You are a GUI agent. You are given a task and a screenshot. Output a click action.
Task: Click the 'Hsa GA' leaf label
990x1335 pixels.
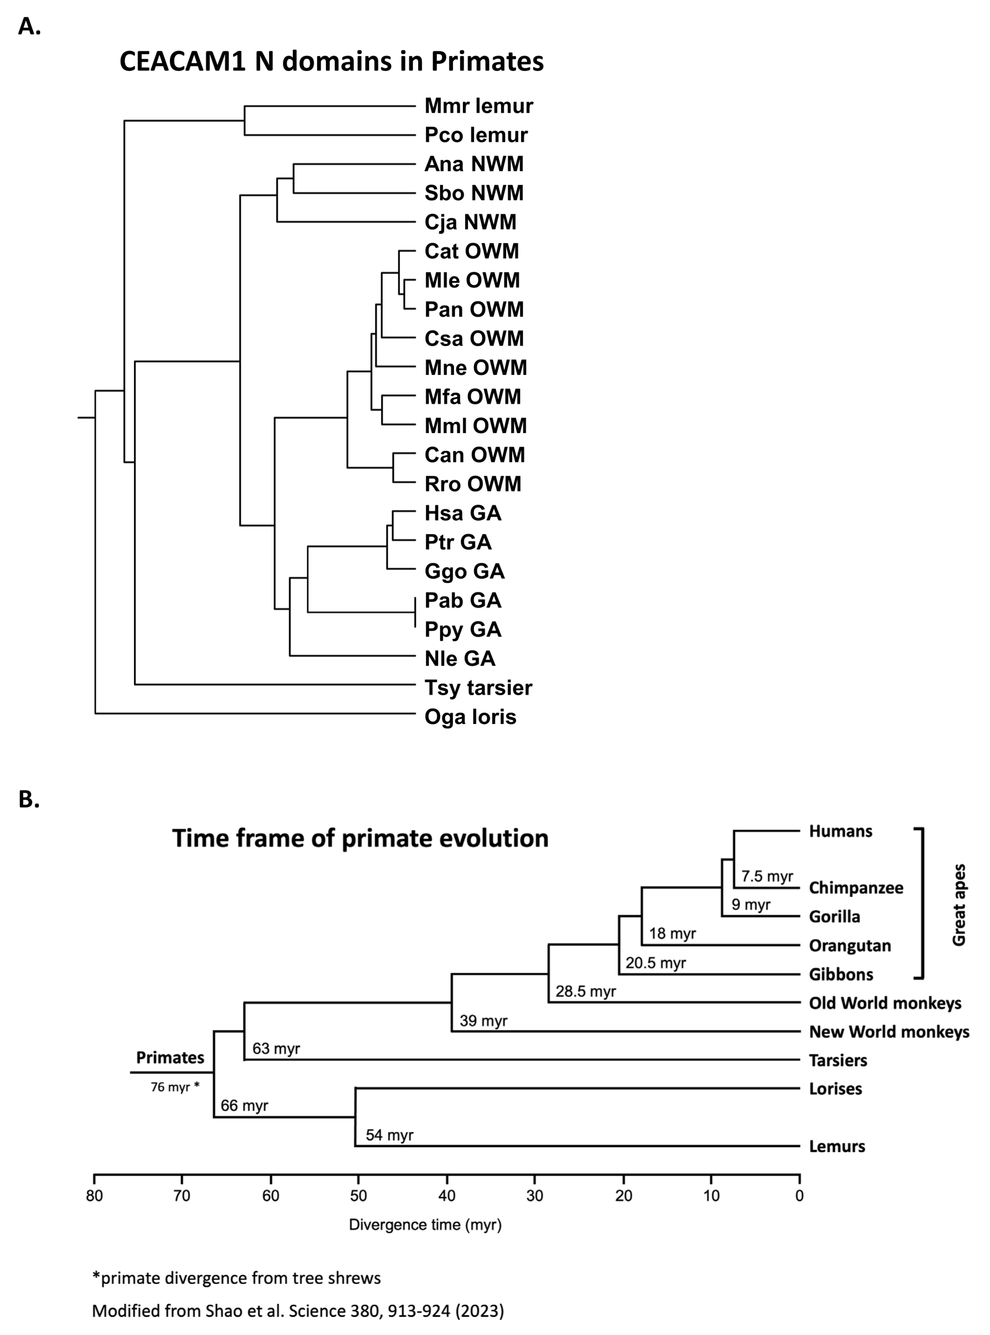tap(463, 513)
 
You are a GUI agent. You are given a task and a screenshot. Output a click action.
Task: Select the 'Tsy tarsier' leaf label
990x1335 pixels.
tap(478, 687)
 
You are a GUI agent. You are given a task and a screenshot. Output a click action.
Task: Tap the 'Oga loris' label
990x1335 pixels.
tap(470, 717)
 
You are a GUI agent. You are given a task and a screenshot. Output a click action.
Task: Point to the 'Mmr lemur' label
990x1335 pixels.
tap(478, 106)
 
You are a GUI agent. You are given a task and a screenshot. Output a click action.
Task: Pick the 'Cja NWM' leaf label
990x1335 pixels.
tap(470, 222)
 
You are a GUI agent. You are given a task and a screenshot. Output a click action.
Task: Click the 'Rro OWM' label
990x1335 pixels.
tap(473, 484)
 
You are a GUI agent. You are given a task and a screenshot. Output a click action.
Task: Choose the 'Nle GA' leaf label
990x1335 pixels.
tap(459, 659)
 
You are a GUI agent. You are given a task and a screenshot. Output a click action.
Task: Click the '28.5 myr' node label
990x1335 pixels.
tap(585, 991)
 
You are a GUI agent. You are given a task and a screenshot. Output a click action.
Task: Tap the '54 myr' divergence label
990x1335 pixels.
tap(389, 1135)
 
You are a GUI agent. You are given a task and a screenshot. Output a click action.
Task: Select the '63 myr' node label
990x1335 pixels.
tap(276, 1048)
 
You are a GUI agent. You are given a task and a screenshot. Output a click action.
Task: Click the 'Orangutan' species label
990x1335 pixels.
tap(850, 946)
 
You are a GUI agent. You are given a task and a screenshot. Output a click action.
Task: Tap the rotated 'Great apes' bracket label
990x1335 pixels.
tap(959, 905)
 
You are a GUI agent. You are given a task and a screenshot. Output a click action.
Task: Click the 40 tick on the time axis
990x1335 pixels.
tap(447, 1196)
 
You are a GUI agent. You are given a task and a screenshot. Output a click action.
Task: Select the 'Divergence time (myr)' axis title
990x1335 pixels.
tap(425, 1225)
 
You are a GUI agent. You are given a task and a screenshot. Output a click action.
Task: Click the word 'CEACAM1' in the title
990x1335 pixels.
tap(182, 62)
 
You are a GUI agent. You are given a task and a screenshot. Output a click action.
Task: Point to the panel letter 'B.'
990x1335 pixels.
tap(29, 799)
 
